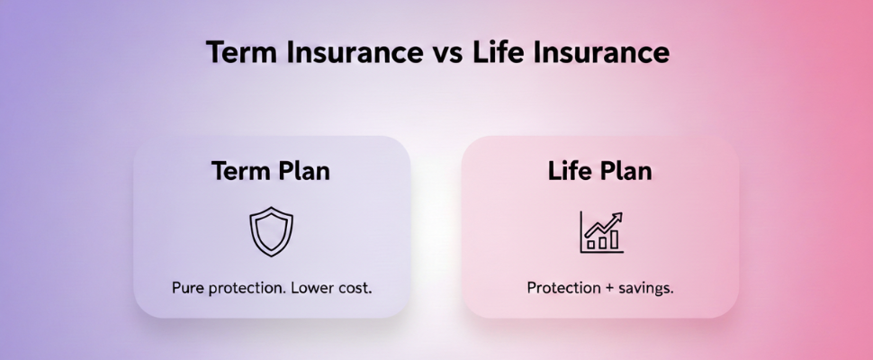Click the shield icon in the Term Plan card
tap(271, 231)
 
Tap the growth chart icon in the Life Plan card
tap(601, 232)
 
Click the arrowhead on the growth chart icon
tap(616, 218)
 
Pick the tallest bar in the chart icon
tap(614, 239)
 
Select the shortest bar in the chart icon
tap(591, 244)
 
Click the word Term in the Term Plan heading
tap(239, 171)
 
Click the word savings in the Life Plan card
tap(646, 289)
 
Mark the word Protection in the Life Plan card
tap(563, 288)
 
